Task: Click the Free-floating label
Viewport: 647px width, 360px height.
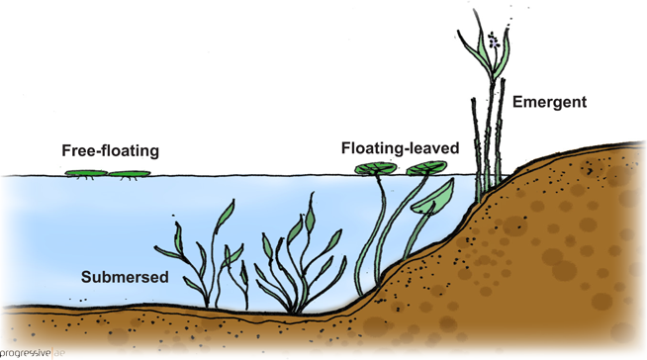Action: pos(110,151)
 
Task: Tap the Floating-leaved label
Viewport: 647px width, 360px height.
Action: pos(400,148)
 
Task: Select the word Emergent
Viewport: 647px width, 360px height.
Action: pos(549,102)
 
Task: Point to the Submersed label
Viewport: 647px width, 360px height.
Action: pos(125,277)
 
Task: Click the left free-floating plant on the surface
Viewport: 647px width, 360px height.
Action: pos(86,174)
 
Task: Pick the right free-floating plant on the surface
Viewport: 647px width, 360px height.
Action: pos(130,175)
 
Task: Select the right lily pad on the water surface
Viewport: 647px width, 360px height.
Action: pos(424,168)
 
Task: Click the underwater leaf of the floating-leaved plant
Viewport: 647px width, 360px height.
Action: pos(431,200)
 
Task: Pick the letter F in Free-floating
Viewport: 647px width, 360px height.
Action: pos(66,151)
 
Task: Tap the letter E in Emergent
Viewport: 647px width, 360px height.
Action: pos(516,102)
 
